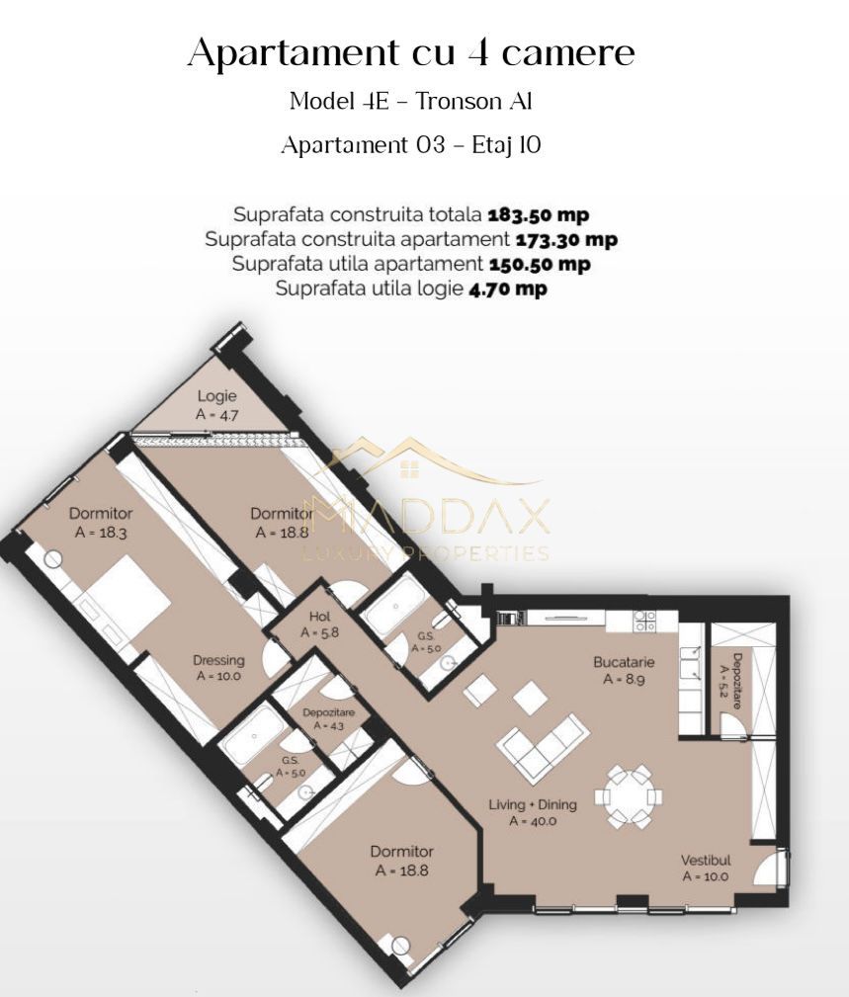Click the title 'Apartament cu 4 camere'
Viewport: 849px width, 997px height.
[x=410, y=52]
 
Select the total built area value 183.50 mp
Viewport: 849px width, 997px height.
[x=539, y=214]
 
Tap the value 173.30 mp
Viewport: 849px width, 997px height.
[x=566, y=239]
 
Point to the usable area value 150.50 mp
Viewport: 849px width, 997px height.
[x=539, y=264]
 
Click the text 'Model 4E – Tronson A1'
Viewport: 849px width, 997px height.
[x=411, y=101]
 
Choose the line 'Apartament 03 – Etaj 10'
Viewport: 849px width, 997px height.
[x=411, y=145]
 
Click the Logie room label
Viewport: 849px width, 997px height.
[x=216, y=396]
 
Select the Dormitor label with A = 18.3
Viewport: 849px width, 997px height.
[x=100, y=514]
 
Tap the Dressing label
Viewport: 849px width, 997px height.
[x=218, y=661]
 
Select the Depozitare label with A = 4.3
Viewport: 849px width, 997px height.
[x=328, y=712]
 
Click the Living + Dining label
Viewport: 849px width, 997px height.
[x=532, y=804]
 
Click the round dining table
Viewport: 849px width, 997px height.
[x=629, y=795]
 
